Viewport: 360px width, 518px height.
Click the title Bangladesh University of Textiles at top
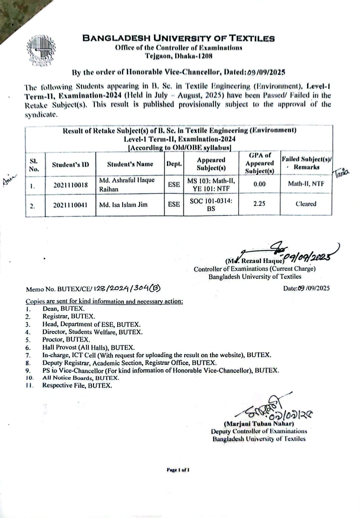(178, 38)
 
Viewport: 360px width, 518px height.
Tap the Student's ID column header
(70, 165)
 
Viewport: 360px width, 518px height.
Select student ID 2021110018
(70, 185)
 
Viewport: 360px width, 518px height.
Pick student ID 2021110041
(70, 205)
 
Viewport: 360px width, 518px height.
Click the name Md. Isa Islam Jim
(123, 205)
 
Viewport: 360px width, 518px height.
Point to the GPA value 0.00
(259, 184)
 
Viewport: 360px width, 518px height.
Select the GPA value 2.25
(259, 204)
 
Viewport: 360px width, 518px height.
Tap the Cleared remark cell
(306, 204)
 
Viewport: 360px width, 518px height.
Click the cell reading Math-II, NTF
(306, 184)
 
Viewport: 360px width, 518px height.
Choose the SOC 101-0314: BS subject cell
(211, 205)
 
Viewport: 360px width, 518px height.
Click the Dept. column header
(174, 164)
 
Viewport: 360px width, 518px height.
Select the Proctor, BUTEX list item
(66, 340)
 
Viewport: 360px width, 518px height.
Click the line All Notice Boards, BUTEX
(81, 378)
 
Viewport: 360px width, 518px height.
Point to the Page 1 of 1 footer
(178, 470)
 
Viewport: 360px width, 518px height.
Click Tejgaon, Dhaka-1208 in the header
(178, 56)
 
